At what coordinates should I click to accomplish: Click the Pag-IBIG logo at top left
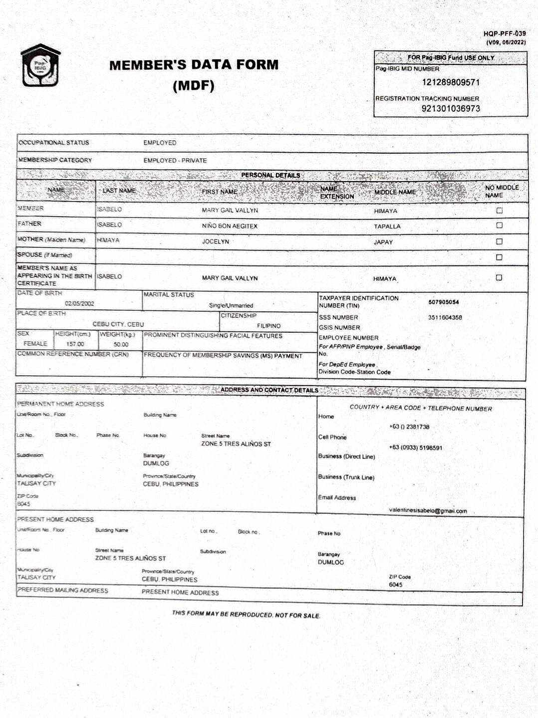[x=40, y=65]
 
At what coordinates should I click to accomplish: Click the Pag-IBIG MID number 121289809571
[x=451, y=82]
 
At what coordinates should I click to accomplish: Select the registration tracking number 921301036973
[x=451, y=108]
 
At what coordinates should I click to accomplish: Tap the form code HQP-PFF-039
[x=504, y=34]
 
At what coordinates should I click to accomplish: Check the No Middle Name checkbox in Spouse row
[x=499, y=257]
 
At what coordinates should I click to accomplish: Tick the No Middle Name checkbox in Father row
[x=499, y=226]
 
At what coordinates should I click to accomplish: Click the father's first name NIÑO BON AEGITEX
[x=230, y=226]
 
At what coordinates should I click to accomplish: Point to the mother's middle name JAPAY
[x=383, y=242]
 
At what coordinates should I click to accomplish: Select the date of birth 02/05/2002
[x=79, y=303]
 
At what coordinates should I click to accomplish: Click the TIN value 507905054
[x=443, y=302]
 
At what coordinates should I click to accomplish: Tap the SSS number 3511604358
[x=445, y=317]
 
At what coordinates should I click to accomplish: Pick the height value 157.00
[x=75, y=344]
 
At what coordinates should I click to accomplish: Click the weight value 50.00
[x=121, y=344]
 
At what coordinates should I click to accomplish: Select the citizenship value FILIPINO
[x=269, y=326]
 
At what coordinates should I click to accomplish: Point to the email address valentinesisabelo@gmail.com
[x=428, y=511]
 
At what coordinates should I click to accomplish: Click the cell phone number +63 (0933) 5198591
[x=415, y=448]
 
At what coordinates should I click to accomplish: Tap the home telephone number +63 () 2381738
[x=409, y=427]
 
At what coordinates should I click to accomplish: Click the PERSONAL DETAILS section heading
[x=270, y=175]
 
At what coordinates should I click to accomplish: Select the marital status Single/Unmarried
[x=231, y=305]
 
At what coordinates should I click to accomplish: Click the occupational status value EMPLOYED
[x=160, y=143]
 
